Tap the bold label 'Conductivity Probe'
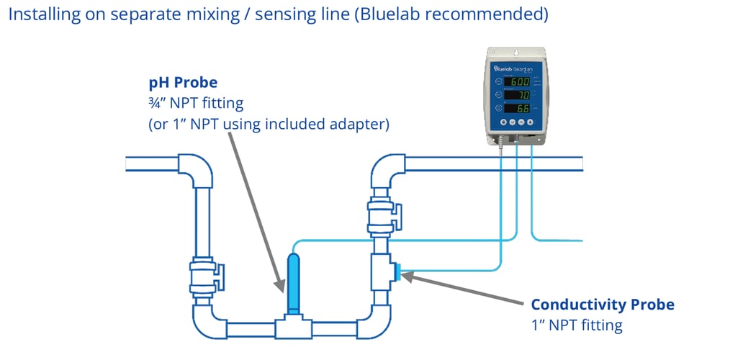[x=602, y=305]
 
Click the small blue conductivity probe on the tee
[x=397, y=271]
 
